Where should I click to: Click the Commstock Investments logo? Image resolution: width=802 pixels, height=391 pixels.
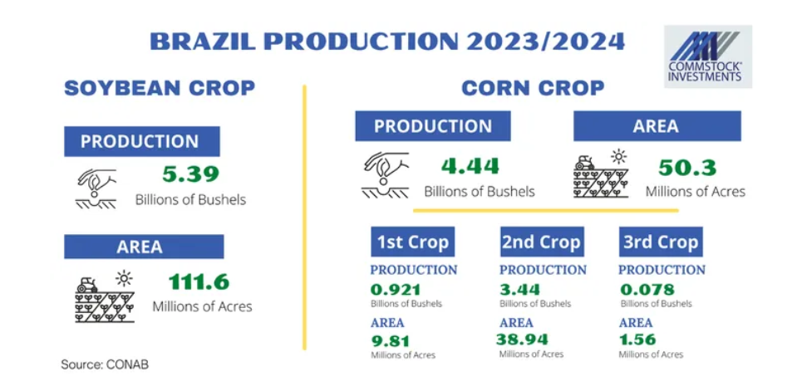[708, 56]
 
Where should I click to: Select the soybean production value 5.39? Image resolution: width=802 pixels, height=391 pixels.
[191, 174]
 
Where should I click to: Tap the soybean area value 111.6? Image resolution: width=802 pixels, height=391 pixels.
[199, 281]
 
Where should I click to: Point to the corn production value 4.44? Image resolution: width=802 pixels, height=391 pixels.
[470, 166]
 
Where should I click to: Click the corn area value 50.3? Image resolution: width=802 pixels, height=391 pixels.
[687, 167]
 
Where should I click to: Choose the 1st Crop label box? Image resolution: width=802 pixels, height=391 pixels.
[413, 242]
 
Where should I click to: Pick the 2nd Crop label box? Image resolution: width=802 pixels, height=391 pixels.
[542, 242]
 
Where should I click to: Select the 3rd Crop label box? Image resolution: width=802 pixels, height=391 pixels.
[661, 242]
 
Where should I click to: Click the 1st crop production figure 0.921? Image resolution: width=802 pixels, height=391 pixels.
[396, 290]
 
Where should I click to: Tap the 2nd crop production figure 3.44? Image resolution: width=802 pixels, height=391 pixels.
[519, 290]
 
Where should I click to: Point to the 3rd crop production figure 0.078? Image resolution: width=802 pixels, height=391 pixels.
[647, 290]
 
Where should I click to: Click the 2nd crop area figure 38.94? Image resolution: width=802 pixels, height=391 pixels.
[522, 340]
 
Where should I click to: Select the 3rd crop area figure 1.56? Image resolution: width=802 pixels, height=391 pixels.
[637, 340]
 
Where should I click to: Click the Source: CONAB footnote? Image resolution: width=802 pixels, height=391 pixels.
[105, 365]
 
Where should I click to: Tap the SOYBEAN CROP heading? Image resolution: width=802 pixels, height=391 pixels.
[160, 88]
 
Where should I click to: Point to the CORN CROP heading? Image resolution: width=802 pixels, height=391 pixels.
[533, 88]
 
